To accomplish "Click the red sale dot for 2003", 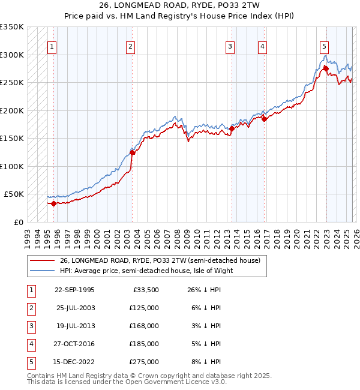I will pos(133,152).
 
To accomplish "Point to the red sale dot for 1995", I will pos(54,203).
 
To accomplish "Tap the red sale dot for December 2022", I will pos(325,68).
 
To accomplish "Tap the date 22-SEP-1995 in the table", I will pos(74,290).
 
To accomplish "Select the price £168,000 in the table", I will pos(144,326).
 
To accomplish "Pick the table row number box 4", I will pos(31,344).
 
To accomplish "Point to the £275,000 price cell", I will pos(144,362).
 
